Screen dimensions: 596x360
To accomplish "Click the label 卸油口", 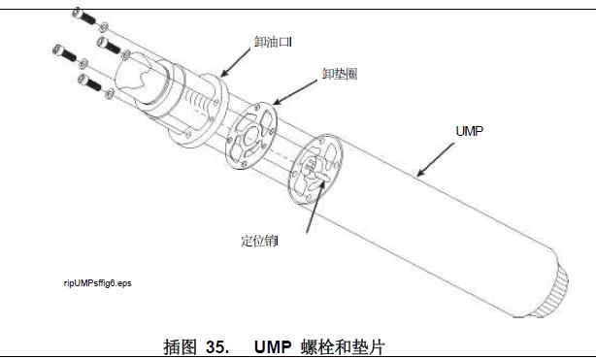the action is (273, 42).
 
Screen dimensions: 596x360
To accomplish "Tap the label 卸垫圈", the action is (340, 74).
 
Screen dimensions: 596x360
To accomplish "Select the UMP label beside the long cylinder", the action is (469, 131).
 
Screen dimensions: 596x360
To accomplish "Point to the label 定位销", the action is (259, 241).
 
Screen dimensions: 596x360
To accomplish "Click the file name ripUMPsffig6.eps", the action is (98, 283).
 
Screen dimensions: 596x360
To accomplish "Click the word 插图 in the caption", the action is (180, 346).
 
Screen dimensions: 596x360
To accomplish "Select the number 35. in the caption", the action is (217, 346).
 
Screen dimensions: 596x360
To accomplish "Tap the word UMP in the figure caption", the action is (273, 346).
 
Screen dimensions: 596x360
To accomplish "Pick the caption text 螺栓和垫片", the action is (343, 346).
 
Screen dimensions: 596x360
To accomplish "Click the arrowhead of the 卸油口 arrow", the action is (223, 74).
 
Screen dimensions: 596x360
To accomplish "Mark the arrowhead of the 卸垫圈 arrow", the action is (276, 102).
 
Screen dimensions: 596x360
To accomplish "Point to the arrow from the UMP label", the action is (435, 160).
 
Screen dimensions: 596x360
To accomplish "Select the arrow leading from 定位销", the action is (315, 206).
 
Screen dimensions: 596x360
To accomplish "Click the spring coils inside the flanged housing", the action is (198, 102).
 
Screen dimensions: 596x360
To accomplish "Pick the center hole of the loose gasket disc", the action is (251, 136).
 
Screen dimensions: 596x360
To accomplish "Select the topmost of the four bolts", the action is (84, 16).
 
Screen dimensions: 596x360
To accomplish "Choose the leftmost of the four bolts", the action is (65, 52).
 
